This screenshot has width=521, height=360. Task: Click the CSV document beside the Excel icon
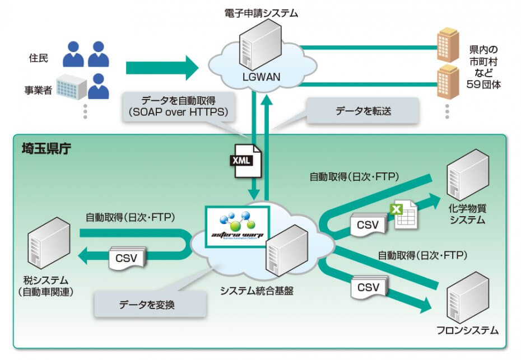(x=368, y=225)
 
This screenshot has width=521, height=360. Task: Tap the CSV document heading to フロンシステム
(x=368, y=288)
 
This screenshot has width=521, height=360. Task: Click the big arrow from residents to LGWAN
(x=162, y=68)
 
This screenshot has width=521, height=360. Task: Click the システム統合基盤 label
(x=257, y=291)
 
